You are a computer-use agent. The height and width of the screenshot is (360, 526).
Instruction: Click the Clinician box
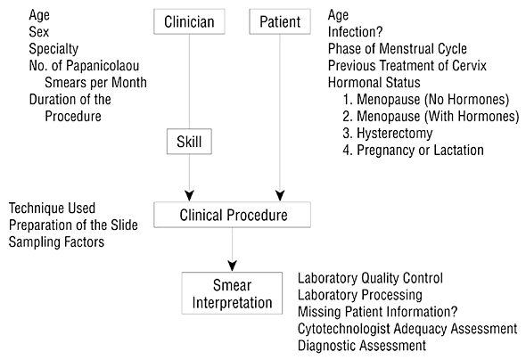[x=189, y=21]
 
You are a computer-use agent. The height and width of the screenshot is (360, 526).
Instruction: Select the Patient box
[x=280, y=21]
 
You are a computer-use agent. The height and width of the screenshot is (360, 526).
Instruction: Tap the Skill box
[x=189, y=142]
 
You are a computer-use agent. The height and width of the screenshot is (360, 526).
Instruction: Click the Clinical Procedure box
[x=232, y=215]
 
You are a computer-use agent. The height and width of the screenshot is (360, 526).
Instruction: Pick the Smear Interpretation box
[x=232, y=293]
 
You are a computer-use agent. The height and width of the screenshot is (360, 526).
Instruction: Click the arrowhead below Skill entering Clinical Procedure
[x=190, y=196]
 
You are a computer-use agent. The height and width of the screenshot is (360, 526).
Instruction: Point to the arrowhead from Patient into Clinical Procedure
[x=280, y=196]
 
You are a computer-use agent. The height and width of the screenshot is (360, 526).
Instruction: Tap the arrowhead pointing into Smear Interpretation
[x=232, y=266]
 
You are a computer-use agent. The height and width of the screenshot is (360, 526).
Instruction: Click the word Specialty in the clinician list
[x=53, y=49]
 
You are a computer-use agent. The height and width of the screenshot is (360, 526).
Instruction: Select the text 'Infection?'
[x=355, y=32]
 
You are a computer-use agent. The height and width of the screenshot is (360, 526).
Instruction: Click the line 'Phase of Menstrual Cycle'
[x=398, y=49]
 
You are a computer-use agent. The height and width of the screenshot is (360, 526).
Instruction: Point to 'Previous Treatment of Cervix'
[x=407, y=66]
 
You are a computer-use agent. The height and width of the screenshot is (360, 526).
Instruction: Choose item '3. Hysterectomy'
[x=388, y=134]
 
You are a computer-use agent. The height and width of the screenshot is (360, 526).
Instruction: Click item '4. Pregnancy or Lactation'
[x=414, y=151]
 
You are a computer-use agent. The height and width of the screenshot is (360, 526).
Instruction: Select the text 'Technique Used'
[x=52, y=209]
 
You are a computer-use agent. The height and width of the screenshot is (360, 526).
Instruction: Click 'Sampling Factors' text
[x=56, y=242]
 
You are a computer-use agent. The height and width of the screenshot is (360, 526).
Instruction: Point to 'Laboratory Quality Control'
[x=370, y=278]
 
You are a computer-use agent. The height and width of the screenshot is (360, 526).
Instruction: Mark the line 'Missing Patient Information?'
[x=377, y=312]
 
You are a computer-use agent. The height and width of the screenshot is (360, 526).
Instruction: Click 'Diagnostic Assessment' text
[x=362, y=346]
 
